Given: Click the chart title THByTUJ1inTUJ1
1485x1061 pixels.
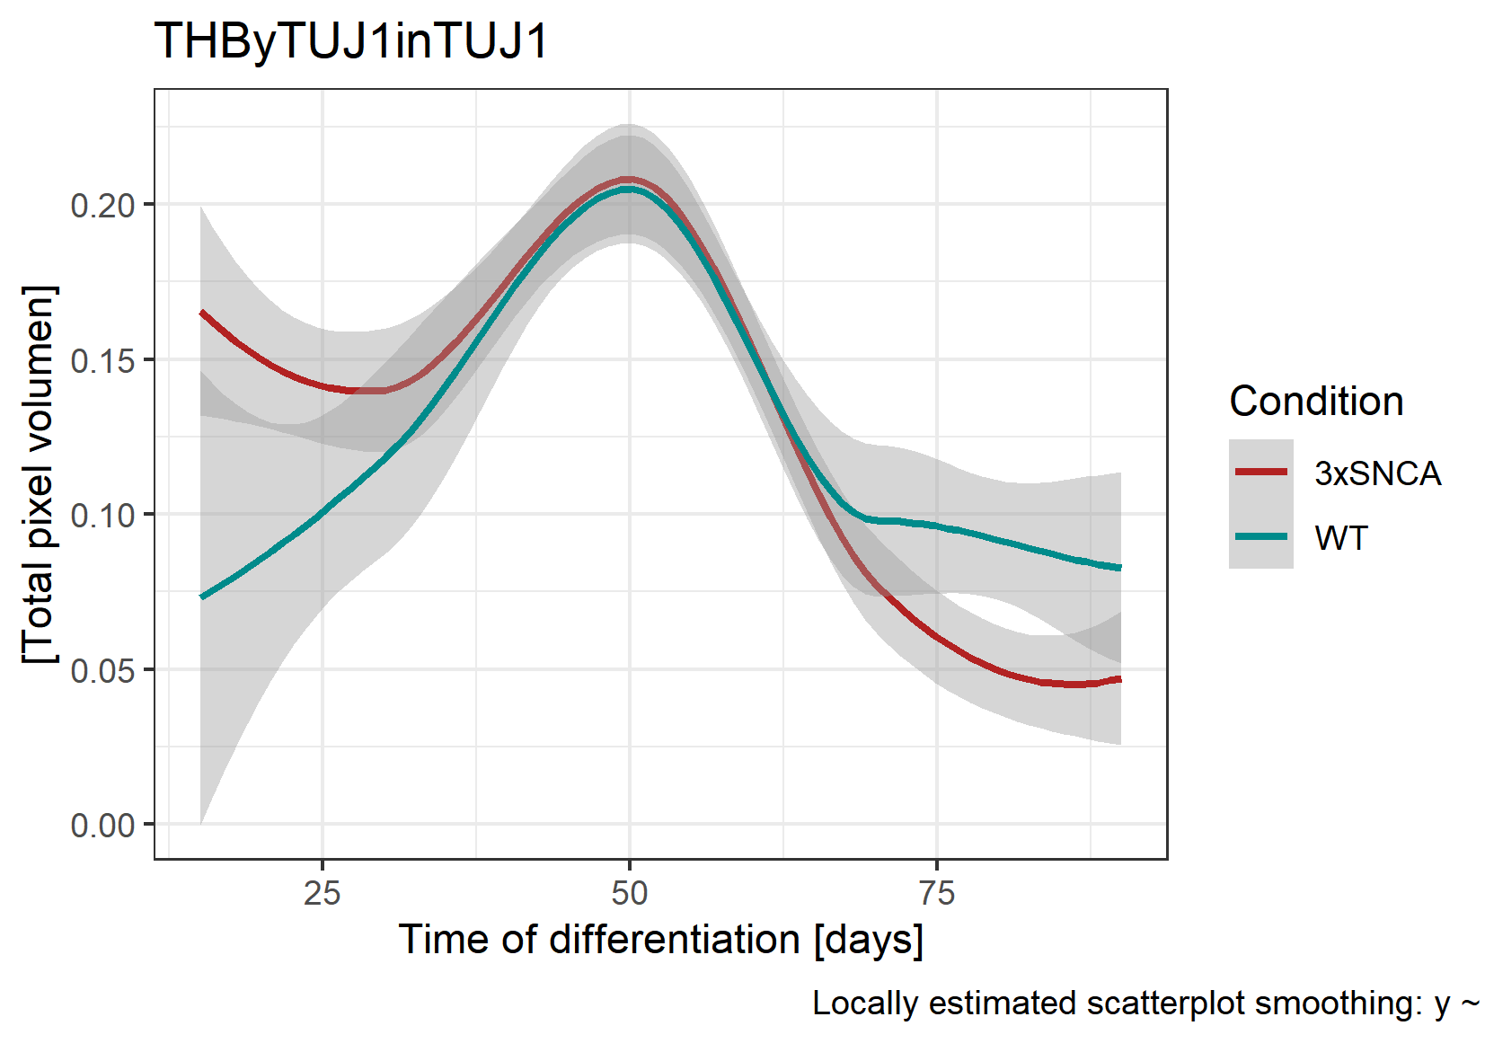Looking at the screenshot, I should click(350, 41).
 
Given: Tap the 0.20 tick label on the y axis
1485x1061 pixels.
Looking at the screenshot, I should click(102, 206).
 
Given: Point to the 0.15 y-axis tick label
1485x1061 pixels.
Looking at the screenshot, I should click(102, 361).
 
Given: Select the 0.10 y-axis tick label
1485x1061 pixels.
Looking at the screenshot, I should click(102, 516).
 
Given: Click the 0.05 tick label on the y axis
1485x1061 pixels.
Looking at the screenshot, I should click(102, 671).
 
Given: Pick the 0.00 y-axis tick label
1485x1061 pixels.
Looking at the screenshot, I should click(102, 826).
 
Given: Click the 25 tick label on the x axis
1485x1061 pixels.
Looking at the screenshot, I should click(323, 893).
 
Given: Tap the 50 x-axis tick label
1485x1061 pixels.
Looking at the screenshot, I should click(630, 893).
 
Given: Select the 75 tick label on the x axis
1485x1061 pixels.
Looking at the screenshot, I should click(937, 893).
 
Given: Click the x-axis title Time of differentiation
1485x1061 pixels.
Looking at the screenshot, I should click(660, 940).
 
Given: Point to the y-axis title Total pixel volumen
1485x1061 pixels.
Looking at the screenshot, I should click(40, 474).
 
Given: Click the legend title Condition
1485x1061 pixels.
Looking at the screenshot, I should click(1316, 402).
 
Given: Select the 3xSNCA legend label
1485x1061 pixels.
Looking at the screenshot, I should click(1377, 473).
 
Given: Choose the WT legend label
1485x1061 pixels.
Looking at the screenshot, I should click(1341, 538).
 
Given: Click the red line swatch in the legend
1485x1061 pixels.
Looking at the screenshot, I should click(1261, 472).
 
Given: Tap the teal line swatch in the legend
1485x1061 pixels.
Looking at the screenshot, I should click(1261, 536).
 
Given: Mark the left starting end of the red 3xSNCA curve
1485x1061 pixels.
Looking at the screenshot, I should click(202, 313).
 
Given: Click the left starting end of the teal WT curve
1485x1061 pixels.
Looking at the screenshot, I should click(202, 597).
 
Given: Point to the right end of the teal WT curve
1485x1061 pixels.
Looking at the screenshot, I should click(1119, 568).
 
